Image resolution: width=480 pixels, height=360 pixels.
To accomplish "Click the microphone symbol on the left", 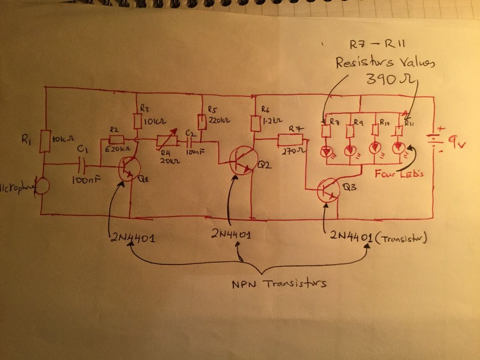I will [x=43, y=186].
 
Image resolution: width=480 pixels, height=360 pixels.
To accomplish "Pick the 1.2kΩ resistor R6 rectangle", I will [x=255, y=123].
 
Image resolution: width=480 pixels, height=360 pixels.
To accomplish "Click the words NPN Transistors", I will [x=279, y=283].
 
